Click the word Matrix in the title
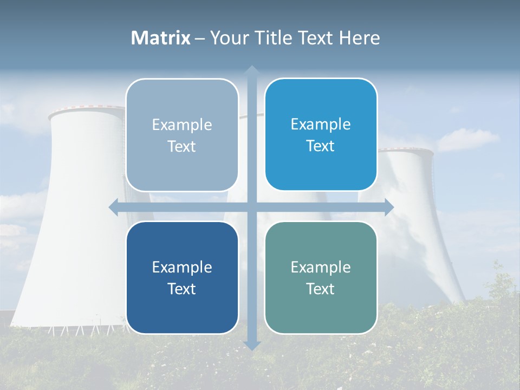[x=161, y=38]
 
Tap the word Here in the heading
[x=359, y=38]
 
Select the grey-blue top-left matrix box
[x=182, y=135]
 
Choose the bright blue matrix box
[x=321, y=134]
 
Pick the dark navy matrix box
[x=182, y=277]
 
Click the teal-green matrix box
[x=321, y=277]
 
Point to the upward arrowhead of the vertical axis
[x=251, y=70]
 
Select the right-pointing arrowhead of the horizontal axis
[x=389, y=207]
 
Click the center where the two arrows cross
[x=251, y=207]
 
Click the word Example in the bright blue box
[x=321, y=124]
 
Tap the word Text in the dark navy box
[x=181, y=289]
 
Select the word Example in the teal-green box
[x=321, y=267]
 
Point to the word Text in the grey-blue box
[x=181, y=146]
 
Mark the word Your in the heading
[x=227, y=38]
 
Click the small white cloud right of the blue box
[x=468, y=140]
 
